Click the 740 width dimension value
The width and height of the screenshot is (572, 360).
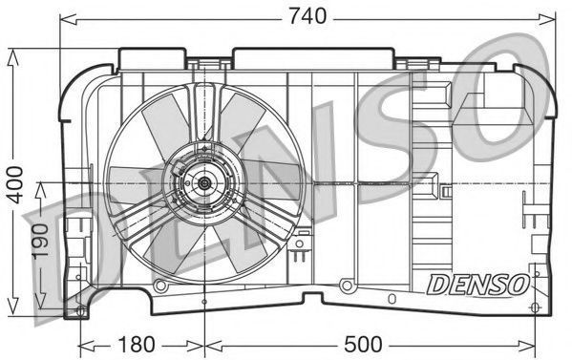pyautogui.click(x=307, y=16)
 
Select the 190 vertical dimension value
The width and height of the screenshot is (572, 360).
pyautogui.click(x=40, y=242)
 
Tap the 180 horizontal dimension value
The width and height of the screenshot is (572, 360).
pyautogui.click(x=136, y=345)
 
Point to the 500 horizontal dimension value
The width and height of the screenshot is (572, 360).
pyautogui.click(x=363, y=345)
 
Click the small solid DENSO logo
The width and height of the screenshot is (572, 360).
pyautogui.click(x=477, y=285)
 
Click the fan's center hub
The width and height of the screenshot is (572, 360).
pyautogui.click(x=204, y=183)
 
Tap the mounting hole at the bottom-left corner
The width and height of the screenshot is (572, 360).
pyautogui.click(x=80, y=311)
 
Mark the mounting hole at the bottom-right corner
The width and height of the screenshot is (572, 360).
pyautogui.click(x=535, y=307)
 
